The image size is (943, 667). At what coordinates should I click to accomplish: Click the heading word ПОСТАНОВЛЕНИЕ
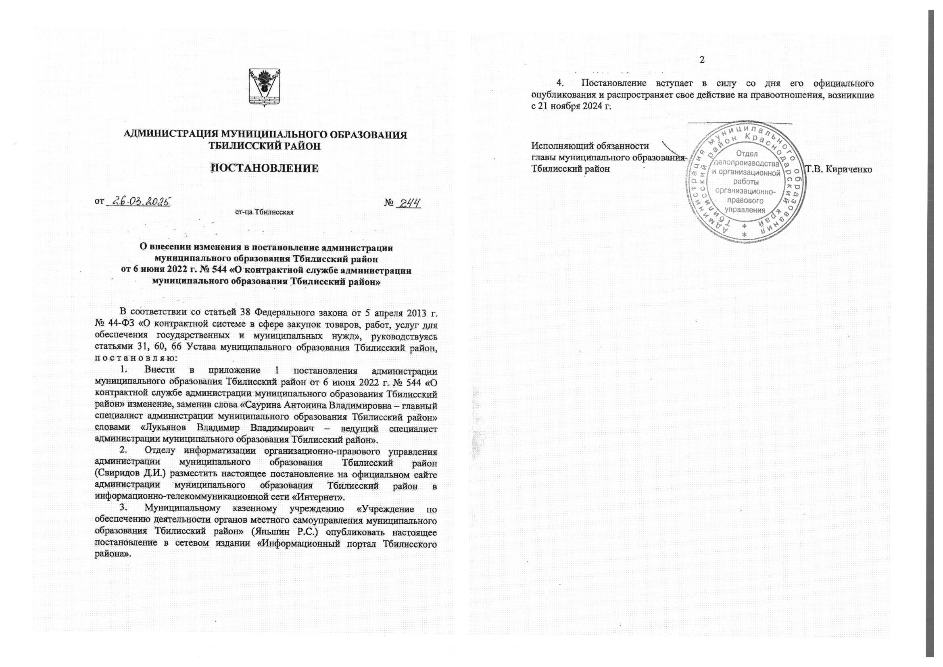265,169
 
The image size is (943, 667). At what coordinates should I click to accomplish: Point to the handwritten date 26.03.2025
139,202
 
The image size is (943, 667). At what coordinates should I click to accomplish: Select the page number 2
702,60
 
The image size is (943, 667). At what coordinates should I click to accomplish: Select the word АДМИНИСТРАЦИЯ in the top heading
171,135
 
